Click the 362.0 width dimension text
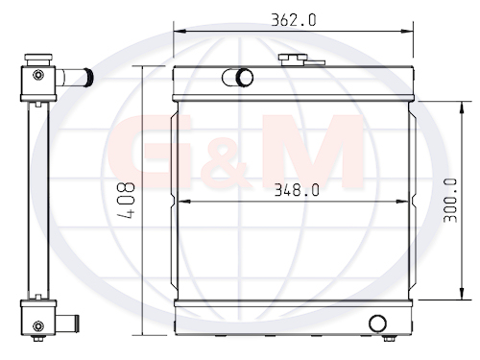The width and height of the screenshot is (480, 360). click(x=294, y=20)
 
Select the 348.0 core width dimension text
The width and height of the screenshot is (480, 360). click(x=297, y=190)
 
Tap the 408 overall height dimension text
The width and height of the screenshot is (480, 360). click(x=126, y=201)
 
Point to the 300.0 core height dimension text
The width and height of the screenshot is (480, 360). click(x=450, y=201)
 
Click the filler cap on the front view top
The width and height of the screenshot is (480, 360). click(x=293, y=60)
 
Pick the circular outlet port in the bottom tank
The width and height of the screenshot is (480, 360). click(x=377, y=324)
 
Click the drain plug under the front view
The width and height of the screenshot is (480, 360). click(x=389, y=338)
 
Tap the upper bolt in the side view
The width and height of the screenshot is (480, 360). click(x=38, y=75)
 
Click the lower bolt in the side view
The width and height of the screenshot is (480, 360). click(x=38, y=326)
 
